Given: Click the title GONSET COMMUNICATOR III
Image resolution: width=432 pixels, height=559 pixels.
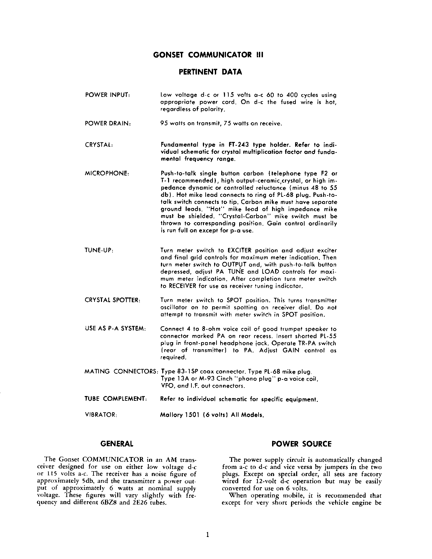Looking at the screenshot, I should coord(208,55).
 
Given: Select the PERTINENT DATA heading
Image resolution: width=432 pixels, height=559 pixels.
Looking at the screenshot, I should coord(210,72).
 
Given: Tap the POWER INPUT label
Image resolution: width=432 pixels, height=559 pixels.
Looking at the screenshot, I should coord(107,95).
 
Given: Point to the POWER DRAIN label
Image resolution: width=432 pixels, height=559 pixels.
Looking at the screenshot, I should coord(108,124).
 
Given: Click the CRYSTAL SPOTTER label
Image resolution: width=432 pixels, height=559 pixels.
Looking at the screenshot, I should coord(112,300).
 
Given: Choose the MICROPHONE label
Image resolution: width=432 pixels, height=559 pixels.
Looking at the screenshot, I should coord(107,173).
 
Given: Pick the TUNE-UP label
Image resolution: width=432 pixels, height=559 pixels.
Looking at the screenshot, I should coord(99,250).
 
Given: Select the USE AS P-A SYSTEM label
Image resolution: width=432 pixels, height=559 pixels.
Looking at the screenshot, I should coord(115,329).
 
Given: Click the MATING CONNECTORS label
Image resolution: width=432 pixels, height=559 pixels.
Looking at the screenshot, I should coord(122,371).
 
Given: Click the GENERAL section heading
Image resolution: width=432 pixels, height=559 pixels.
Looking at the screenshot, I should coord(117,444).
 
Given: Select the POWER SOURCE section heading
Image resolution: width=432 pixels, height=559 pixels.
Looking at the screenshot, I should coord(302,444).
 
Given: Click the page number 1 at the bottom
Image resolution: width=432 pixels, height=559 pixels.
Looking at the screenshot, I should coord(208,535).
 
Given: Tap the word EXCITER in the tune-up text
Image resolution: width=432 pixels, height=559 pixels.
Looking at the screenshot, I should coord(240,250).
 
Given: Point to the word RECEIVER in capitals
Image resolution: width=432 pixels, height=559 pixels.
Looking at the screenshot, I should coord(183,286).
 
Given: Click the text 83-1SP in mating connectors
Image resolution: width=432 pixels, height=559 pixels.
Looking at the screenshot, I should coord(188,371).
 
